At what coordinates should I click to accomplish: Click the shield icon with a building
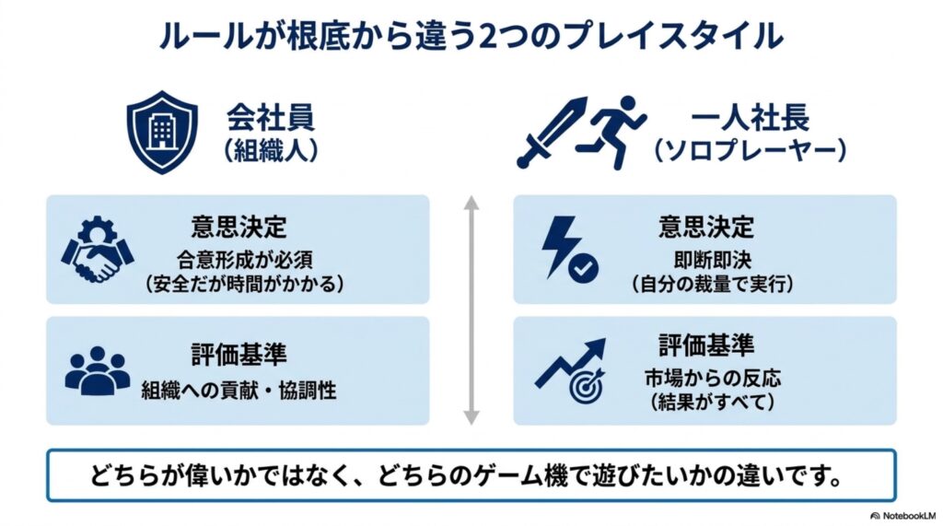coord(162,133)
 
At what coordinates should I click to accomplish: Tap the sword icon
coord(553,132)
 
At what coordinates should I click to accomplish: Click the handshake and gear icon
coord(98,249)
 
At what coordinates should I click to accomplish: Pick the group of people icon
coord(98,370)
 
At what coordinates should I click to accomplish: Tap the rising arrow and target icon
coord(571,369)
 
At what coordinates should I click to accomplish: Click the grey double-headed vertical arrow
coord(471,310)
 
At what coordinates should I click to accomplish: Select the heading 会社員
coord(271,118)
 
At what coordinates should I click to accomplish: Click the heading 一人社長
coord(750,118)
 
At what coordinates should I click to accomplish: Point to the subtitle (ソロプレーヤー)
coord(751,150)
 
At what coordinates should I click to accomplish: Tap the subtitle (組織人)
coord(271,150)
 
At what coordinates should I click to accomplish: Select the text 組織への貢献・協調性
coord(239,390)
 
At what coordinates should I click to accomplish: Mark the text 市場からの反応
coord(713,378)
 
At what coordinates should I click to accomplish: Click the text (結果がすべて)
coord(713,402)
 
